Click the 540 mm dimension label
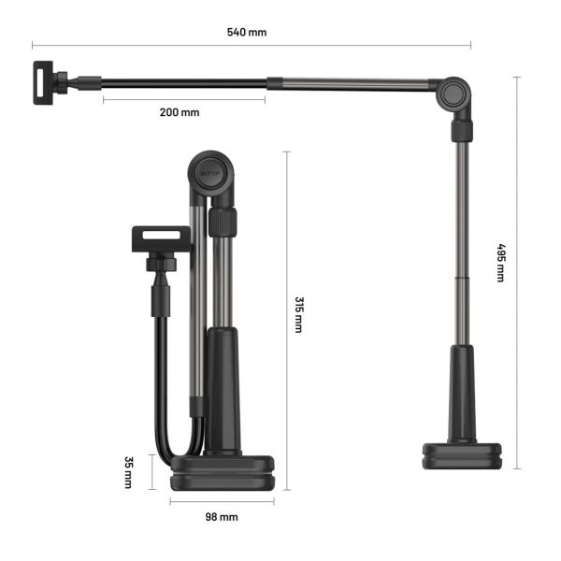coord(247,32)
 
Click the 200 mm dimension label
coord(180,112)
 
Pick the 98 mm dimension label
coord(222,516)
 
